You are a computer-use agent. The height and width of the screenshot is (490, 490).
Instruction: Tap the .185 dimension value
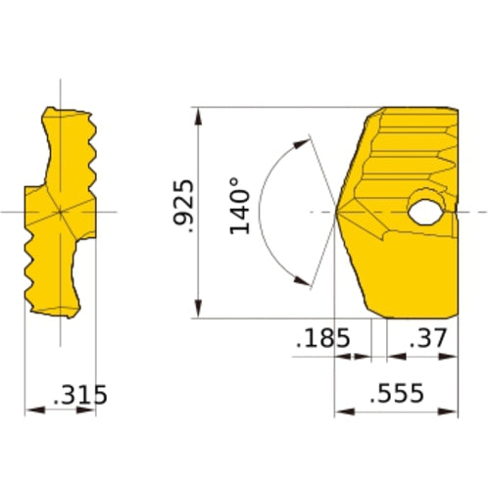click(x=323, y=339)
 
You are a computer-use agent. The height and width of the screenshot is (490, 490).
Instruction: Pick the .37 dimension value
click(x=429, y=339)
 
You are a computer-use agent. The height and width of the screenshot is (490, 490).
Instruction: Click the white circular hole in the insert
click(x=426, y=210)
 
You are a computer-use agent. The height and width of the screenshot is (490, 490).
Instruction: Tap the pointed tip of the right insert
click(x=337, y=212)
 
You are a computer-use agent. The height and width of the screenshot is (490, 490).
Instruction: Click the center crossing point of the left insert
click(x=61, y=212)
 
